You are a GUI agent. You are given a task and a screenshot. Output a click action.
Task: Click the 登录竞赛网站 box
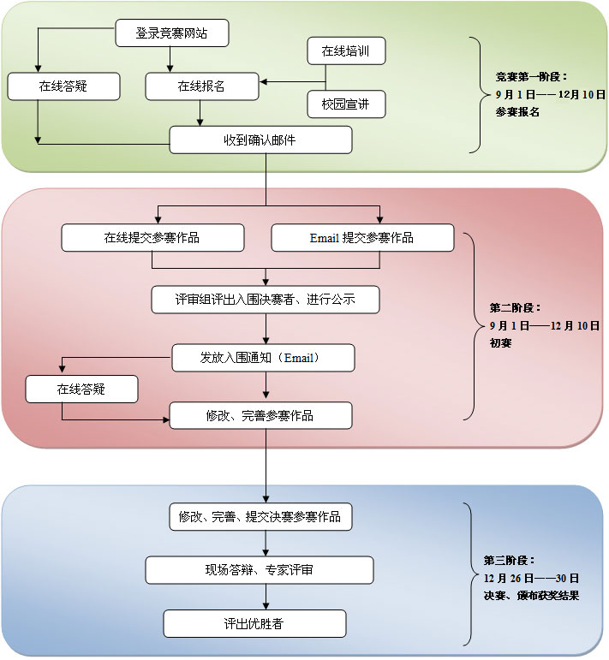(171, 34)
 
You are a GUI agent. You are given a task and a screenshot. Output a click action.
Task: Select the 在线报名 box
(202, 86)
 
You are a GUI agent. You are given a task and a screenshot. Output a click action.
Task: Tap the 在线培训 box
(346, 51)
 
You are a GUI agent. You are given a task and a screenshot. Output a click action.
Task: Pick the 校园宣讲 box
(346, 104)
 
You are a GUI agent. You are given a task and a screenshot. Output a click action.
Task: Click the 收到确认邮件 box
(260, 140)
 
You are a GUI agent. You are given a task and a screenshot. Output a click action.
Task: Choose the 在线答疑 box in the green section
(63, 86)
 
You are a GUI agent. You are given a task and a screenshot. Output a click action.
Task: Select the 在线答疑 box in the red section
(81, 389)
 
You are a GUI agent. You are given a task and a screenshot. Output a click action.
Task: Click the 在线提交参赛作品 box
(152, 238)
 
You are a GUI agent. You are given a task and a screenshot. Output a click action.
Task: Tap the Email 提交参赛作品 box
(362, 238)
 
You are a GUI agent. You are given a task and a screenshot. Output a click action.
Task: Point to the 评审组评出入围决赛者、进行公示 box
(266, 300)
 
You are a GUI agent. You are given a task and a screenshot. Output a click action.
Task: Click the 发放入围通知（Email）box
(263, 358)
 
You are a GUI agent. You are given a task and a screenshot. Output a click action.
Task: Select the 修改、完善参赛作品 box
(260, 416)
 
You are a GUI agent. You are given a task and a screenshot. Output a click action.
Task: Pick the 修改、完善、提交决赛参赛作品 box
(260, 517)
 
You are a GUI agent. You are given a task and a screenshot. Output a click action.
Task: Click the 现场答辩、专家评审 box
(260, 570)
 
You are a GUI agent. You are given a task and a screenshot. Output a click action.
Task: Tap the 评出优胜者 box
(254, 623)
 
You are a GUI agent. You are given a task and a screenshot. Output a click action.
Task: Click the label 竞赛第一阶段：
(531, 77)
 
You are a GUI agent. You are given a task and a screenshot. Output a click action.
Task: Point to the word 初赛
(501, 341)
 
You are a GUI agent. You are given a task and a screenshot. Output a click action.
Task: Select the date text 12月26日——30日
(531, 578)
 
